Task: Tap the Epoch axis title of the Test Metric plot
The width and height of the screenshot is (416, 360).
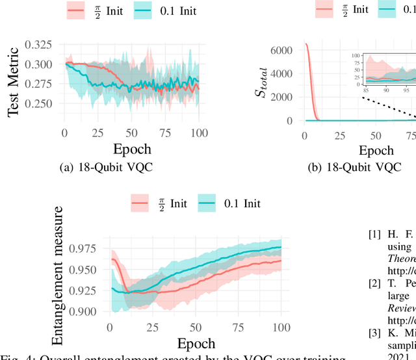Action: (132, 148)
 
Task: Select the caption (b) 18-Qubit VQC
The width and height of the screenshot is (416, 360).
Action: (354, 167)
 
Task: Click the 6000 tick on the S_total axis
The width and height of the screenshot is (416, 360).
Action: (283, 50)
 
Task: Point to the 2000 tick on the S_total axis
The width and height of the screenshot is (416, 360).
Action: (283, 97)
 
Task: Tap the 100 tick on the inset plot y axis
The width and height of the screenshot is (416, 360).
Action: (356, 55)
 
